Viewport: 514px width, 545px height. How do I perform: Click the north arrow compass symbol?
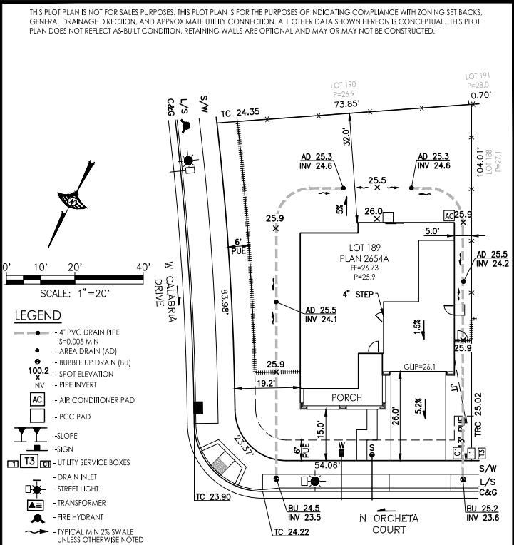[x=71, y=201]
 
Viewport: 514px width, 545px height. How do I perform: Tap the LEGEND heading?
[x=38, y=315]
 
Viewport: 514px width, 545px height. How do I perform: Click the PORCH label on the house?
[x=346, y=397]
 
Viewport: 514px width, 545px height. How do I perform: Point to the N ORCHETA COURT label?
[x=389, y=524]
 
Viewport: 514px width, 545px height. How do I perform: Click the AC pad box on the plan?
[x=448, y=215]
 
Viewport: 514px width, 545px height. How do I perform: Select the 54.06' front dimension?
[x=329, y=465]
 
